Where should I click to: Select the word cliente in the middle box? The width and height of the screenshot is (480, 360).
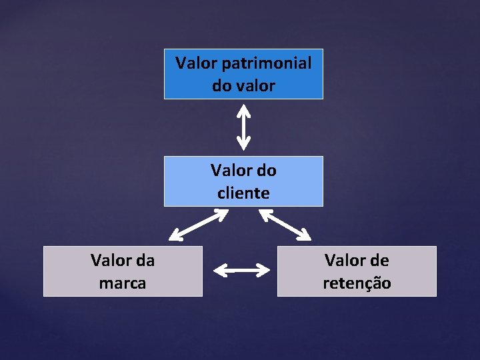243,193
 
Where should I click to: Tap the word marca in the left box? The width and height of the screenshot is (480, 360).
123,283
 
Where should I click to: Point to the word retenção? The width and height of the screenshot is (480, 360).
357,283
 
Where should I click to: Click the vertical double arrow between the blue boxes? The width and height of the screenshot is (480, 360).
244,128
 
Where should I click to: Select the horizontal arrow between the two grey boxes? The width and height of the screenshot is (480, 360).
241,270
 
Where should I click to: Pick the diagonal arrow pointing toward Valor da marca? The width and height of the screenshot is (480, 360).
199,225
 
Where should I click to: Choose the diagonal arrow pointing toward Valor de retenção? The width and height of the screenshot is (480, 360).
285,225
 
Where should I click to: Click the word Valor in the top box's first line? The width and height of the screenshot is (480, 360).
196,64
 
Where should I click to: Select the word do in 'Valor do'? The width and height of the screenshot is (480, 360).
267,171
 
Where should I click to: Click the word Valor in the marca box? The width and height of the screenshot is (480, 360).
111,261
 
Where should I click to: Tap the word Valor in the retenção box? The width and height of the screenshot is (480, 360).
345,261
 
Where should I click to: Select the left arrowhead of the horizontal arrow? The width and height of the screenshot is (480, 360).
218,270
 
